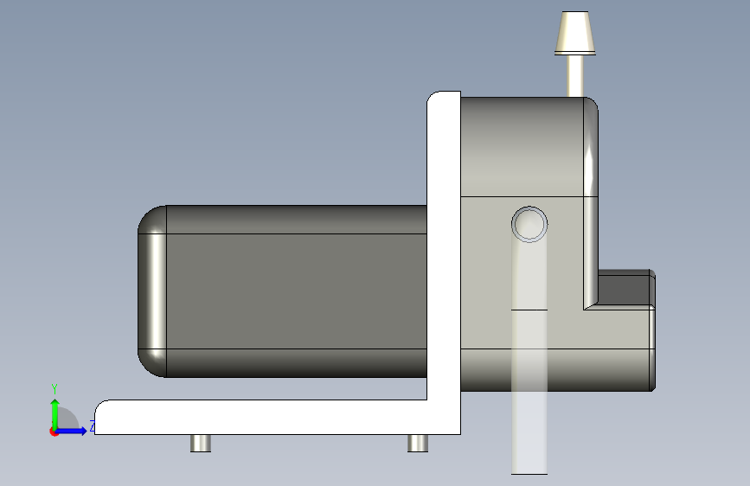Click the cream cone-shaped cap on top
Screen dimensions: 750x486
(x=575, y=33)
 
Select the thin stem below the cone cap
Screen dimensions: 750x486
(x=575, y=76)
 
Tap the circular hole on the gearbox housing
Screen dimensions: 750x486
(x=529, y=224)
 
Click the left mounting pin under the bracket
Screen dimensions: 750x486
(x=201, y=444)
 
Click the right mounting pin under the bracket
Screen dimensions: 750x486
(x=418, y=444)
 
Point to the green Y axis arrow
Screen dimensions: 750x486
(x=55, y=414)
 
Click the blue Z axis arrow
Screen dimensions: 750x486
(x=70, y=431)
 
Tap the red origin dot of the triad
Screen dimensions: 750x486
(x=54, y=432)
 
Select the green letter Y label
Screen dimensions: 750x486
(x=54, y=389)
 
